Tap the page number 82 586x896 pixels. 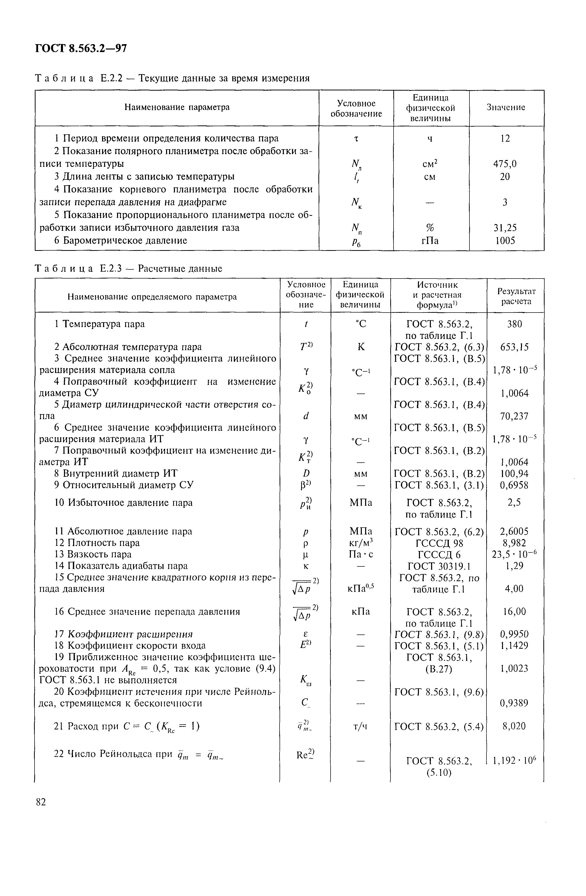(x=41, y=802)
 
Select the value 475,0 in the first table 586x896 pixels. (x=505, y=164)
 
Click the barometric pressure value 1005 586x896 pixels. (x=505, y=240)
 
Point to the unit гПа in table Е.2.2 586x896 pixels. (x=430, y=240)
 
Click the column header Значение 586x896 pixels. (x=506, y=108)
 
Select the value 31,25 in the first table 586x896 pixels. (x=505, y=228)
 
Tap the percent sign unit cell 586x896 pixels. (x=430, y=228)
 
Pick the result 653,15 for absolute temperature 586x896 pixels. (x=514, y=347)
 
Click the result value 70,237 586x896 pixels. (x=514, y=416)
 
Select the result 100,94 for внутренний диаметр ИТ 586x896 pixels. (x=514, y=474)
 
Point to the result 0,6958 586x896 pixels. (x=514, y=485)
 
